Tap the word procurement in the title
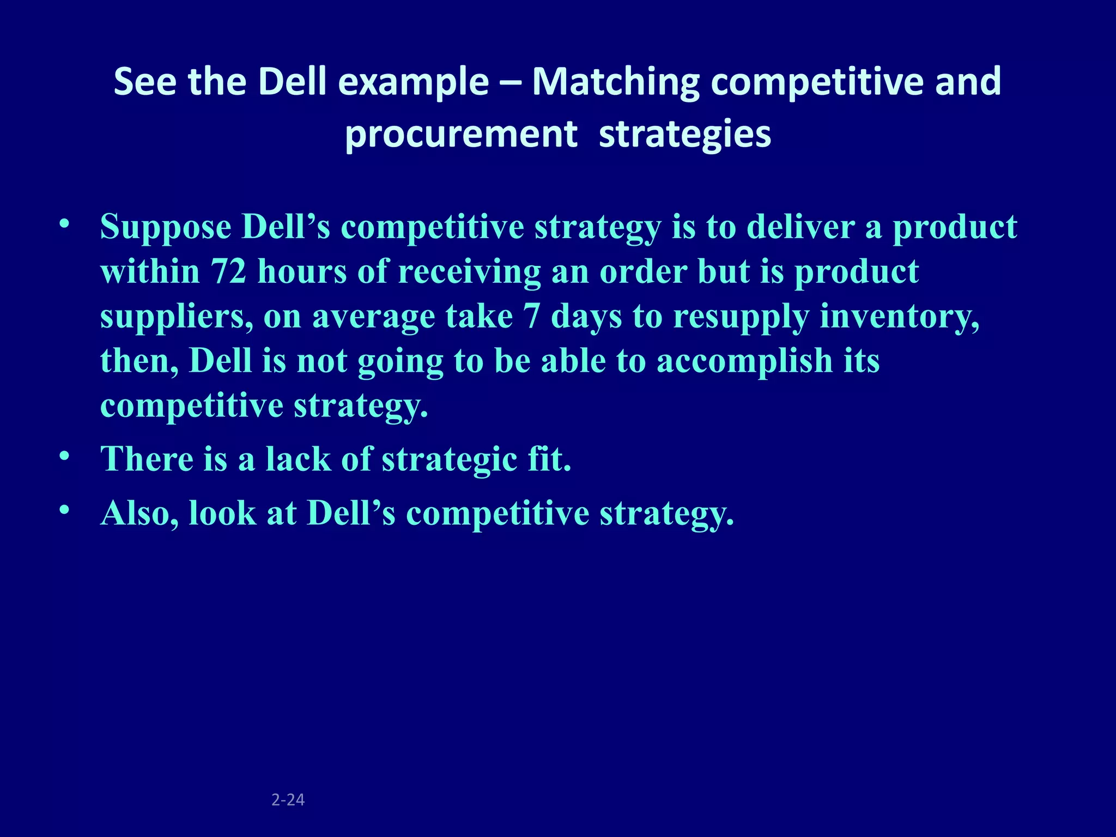[461, 134]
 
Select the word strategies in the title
[685, 134]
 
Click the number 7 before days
[531, 316]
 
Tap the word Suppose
[166, 227]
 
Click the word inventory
[899, 316]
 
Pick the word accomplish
[744, 361]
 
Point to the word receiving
[469, 272]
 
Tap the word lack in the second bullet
[298, 459]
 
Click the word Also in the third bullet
[139, 513]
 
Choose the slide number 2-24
[288, 799]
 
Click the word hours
[302, 271]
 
